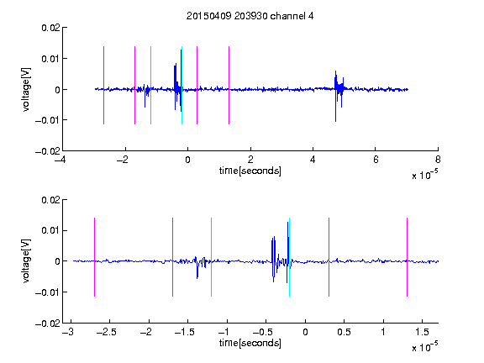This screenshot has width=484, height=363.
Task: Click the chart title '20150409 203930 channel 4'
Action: [x=250, y=16]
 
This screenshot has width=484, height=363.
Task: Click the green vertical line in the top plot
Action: [x=150, y=85]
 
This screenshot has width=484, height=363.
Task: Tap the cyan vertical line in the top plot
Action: [x=181, y=85]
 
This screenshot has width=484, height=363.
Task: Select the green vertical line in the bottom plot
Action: [x=211, y=257]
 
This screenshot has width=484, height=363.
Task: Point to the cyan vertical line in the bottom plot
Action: [x=289, y=257]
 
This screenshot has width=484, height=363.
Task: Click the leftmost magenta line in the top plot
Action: [x=103, y=85]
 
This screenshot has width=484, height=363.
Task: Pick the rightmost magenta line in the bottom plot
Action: [x=407, y=257]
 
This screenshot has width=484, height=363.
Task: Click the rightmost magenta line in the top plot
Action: [x=229, y=85]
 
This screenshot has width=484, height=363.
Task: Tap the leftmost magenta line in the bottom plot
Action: [x=94, y=257]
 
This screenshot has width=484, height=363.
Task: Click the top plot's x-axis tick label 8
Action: [x=438, y=160]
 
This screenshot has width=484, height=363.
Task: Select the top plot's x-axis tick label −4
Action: [x=60, y=160]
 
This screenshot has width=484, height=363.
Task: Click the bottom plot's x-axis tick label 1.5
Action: [x=422, y=332]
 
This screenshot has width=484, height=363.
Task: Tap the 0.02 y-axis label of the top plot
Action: [x=50, y=28]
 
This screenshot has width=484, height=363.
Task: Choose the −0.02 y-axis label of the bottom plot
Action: [x=48, y=324]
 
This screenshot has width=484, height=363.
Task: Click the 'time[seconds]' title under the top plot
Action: [x=250, y=171]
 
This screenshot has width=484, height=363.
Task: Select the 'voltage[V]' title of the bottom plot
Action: [x=26, y=261]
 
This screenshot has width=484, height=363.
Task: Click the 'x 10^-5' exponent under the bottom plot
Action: [x=424, y=347]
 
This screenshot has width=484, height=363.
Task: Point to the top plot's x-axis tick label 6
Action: [x=376, y=160]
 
